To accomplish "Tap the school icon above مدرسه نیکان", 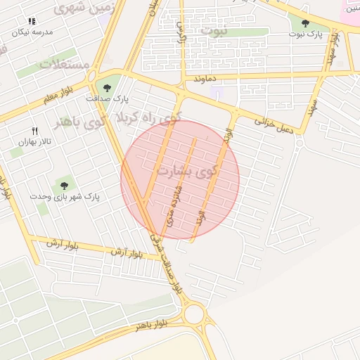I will tap(32, 22).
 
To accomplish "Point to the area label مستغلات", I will tap(64, 64).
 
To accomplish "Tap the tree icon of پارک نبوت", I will tap(304, 23).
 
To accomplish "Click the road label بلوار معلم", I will tap(57, 98).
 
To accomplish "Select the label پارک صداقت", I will tap(108, 98).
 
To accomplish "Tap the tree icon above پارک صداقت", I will tap(107, 88).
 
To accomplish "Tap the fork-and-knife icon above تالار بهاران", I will tap(34, 131).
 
